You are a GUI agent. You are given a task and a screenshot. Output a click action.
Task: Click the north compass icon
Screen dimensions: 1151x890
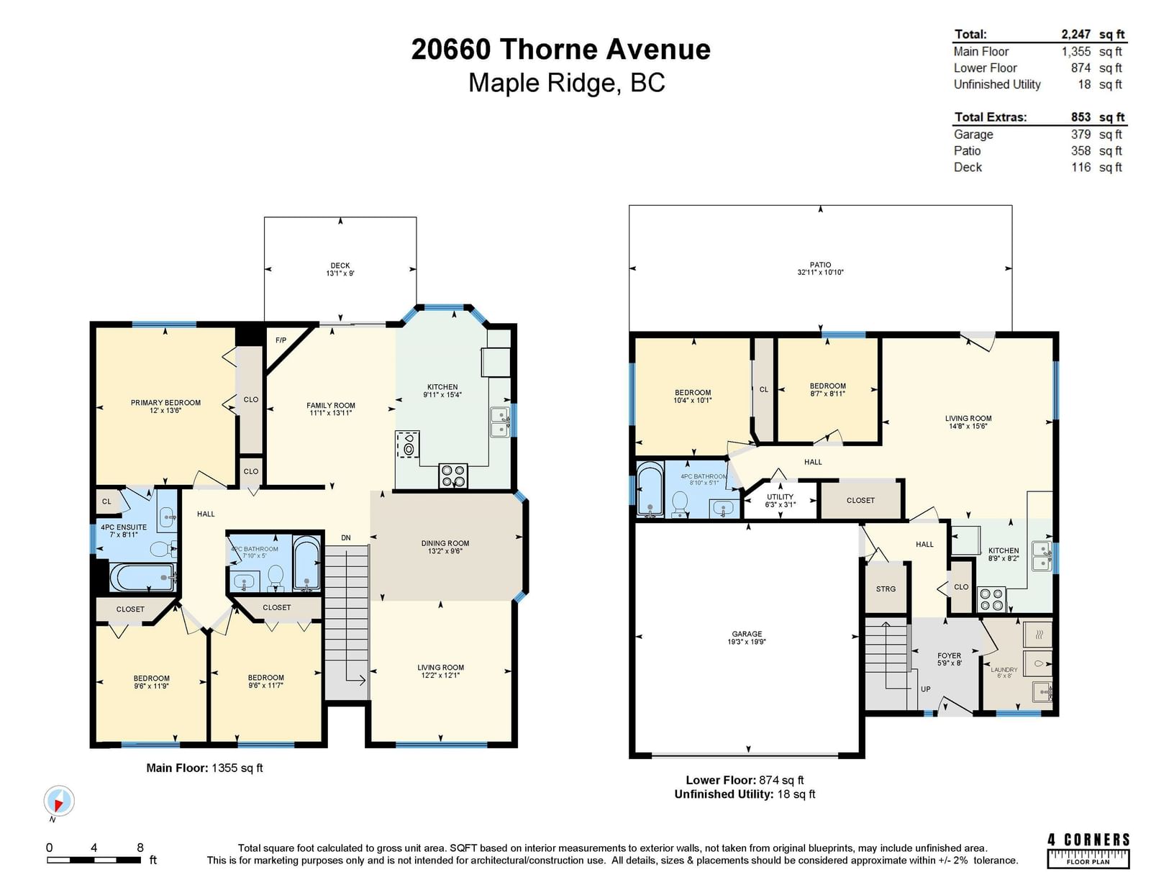coord(59,801)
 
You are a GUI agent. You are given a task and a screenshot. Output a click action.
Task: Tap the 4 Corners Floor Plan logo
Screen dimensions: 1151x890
coord(1088,850)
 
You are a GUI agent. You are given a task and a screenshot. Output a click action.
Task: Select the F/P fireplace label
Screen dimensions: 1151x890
coord(281,340)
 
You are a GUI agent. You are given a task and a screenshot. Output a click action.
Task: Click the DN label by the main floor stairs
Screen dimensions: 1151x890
coord(346,537)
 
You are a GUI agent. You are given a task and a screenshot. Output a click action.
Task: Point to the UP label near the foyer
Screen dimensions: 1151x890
coord(925,689)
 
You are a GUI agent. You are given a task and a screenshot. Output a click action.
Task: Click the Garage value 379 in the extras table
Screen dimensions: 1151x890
coord(1081,135)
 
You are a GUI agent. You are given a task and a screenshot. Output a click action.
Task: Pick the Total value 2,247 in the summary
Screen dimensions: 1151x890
coord(1075,35)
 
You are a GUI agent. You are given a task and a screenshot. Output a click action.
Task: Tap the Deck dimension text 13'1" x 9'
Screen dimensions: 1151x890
coord(340,273)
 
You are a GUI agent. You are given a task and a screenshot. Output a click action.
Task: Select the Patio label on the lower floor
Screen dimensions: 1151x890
coord(821,264)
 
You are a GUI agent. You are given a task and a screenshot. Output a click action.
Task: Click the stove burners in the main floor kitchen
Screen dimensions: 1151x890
coord(453,475)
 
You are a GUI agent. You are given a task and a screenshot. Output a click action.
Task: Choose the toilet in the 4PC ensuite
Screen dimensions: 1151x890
coord(163,549)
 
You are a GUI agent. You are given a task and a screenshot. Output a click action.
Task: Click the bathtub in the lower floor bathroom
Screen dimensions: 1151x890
coord(650,489)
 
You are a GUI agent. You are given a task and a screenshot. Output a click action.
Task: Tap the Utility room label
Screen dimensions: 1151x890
coord(781,496)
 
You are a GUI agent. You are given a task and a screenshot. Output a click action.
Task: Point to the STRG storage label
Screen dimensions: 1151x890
coord(886,589)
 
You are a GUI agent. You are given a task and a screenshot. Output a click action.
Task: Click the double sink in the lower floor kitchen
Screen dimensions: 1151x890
coord(1042,555)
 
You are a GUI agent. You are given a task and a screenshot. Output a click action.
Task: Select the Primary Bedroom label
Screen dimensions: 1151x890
coord(165,403)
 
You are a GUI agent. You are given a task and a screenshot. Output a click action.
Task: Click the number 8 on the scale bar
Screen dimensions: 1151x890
coord(140,847)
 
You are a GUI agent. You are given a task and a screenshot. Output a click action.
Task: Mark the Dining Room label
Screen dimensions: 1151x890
coord(445,543)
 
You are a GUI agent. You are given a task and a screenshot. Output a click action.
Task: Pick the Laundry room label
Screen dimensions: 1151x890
coord(1004,670)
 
